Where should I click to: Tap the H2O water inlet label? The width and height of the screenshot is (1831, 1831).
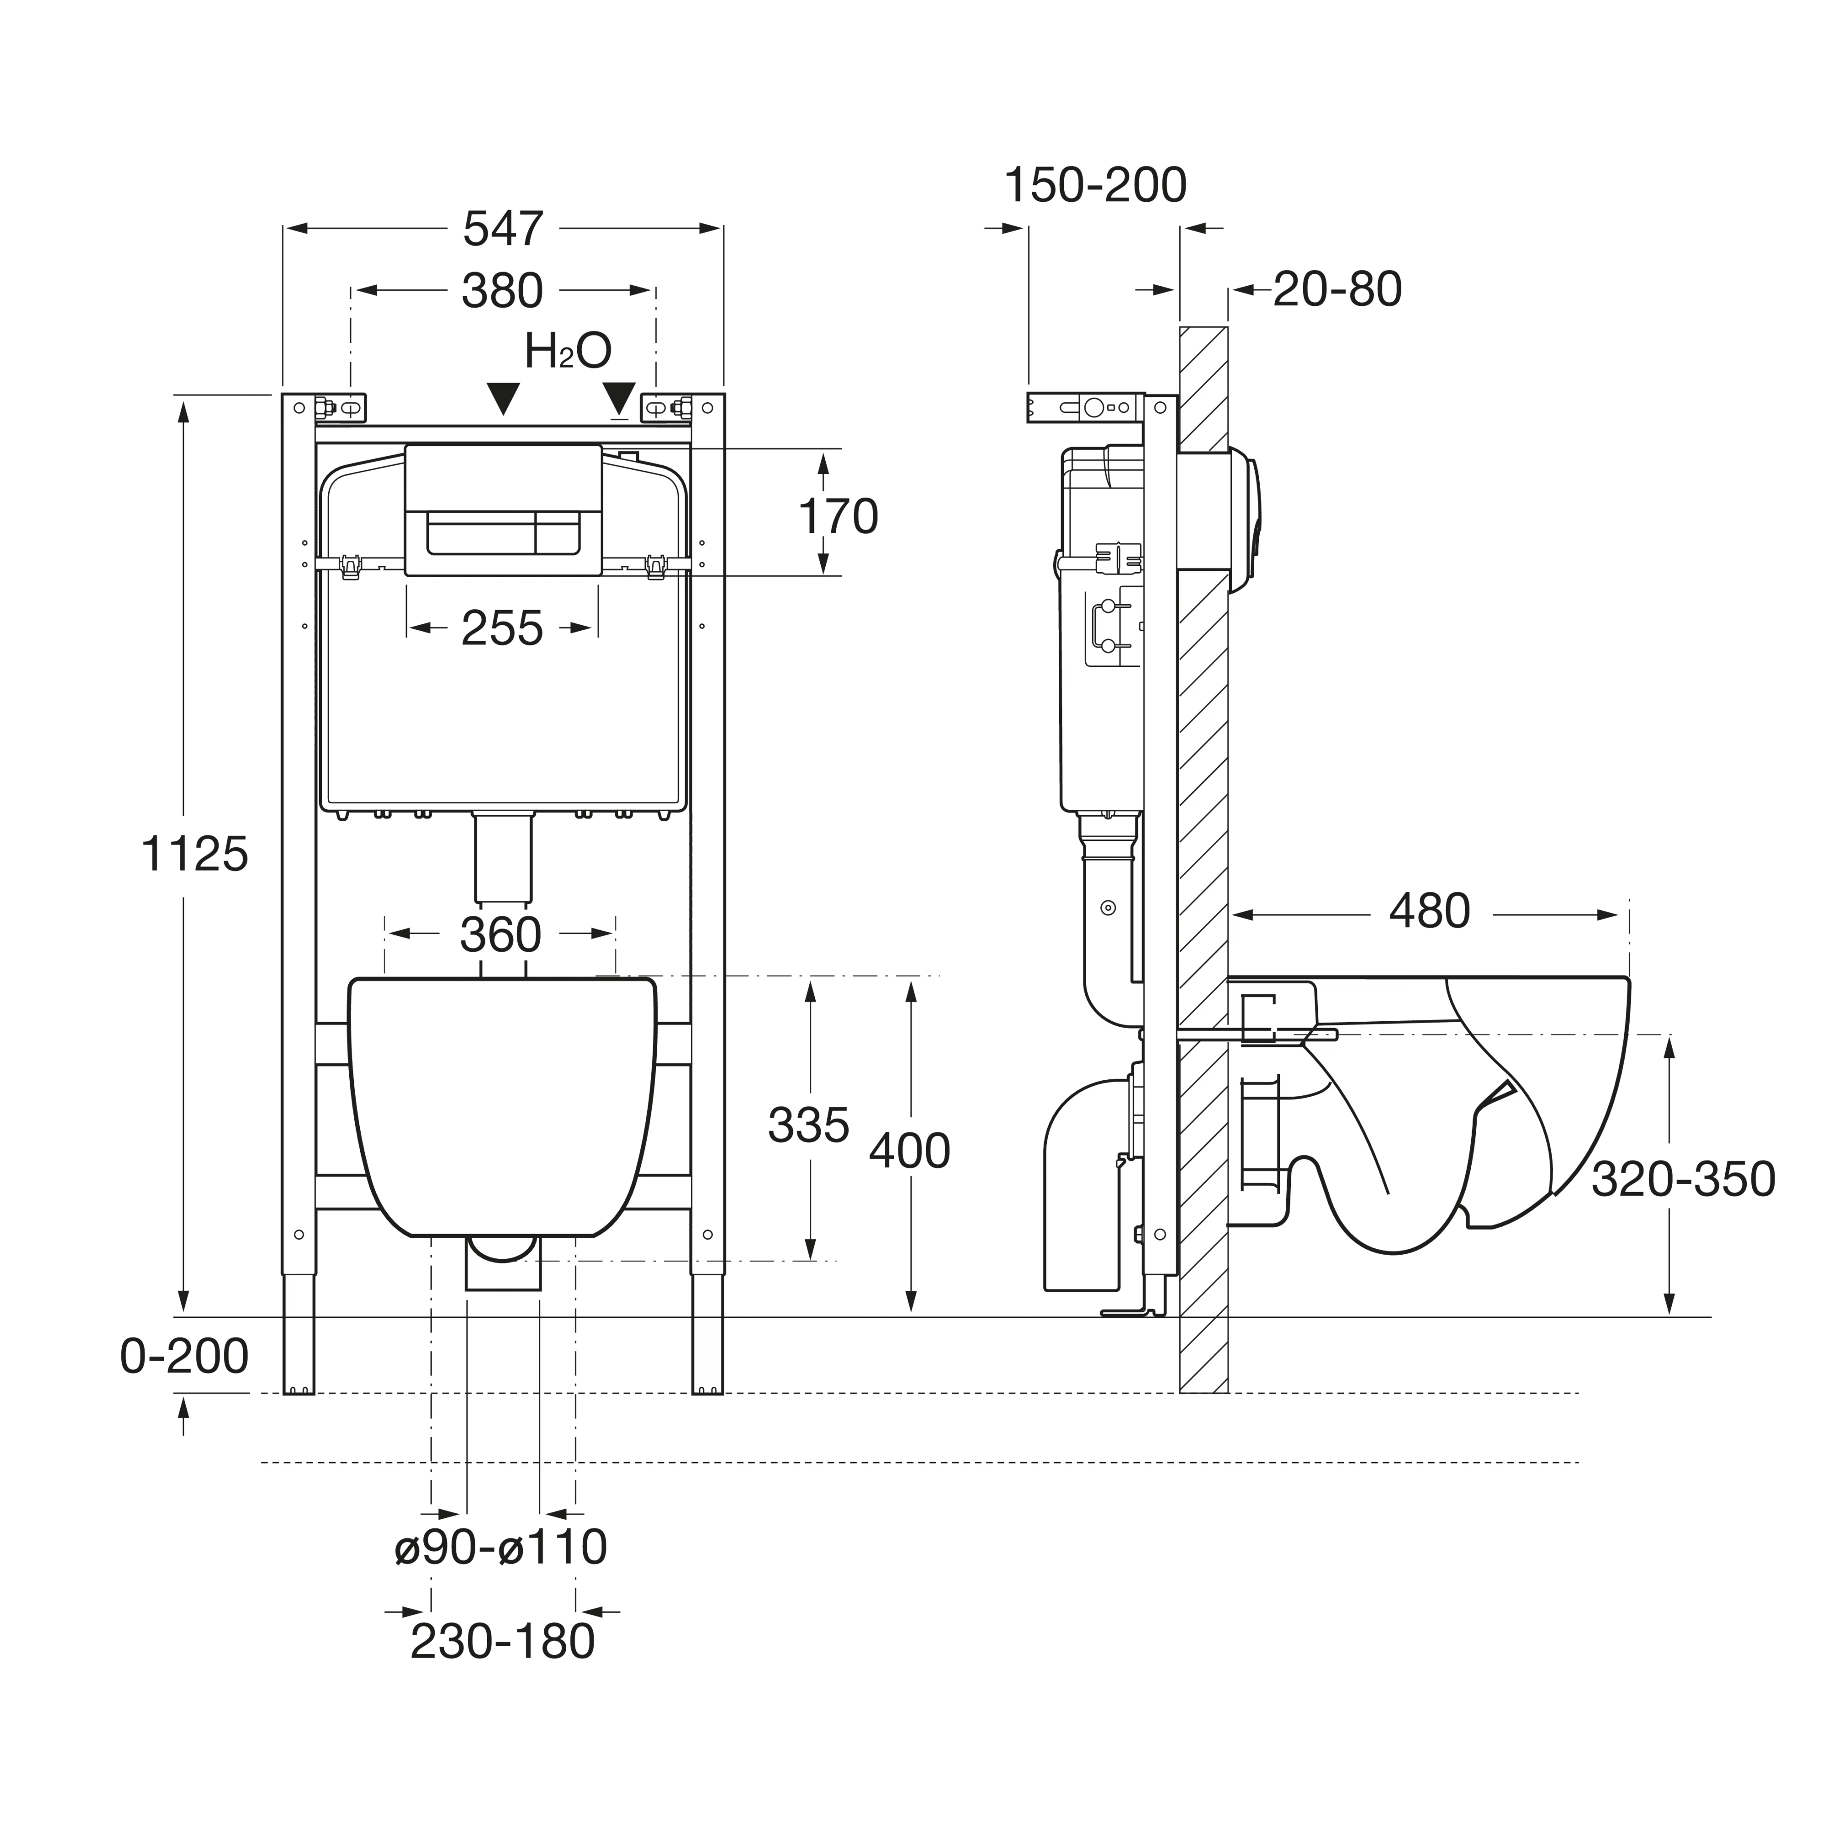(x=568, y=352)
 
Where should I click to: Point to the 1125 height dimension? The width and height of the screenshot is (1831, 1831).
(x=194, y=854)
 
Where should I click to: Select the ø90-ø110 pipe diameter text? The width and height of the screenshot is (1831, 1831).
(x=500, y=1548)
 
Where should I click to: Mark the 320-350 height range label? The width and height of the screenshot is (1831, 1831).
(x=1682, y=1180)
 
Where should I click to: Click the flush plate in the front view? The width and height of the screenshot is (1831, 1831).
(x=503, y=510)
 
